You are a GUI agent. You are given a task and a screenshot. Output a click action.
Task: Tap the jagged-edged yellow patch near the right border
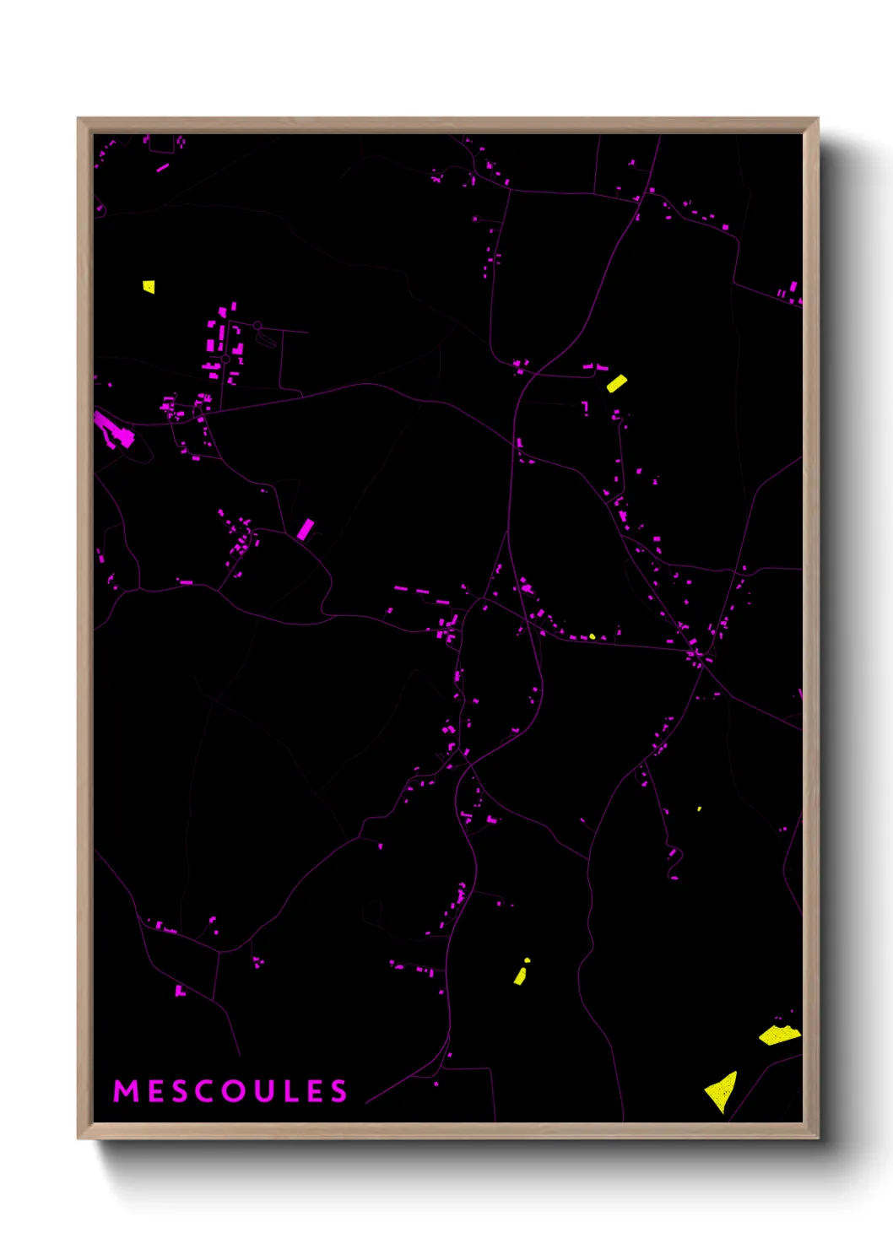click(779, 1035)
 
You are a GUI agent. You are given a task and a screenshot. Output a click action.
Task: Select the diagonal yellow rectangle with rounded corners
click(617, 383)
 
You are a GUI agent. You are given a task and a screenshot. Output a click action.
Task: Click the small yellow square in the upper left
click(149, 287)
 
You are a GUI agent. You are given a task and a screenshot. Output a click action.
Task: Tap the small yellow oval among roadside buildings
click(592, 636)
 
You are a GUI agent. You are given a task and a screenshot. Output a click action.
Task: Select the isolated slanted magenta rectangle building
click(305, 530)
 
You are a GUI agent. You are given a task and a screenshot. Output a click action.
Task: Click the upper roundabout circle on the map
click(257, 326)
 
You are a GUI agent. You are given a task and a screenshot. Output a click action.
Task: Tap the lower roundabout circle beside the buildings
click(225, 360)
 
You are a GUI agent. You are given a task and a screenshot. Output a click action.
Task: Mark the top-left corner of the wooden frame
click(78, 119)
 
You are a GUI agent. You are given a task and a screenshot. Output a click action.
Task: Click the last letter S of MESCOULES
click(338, 1091)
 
